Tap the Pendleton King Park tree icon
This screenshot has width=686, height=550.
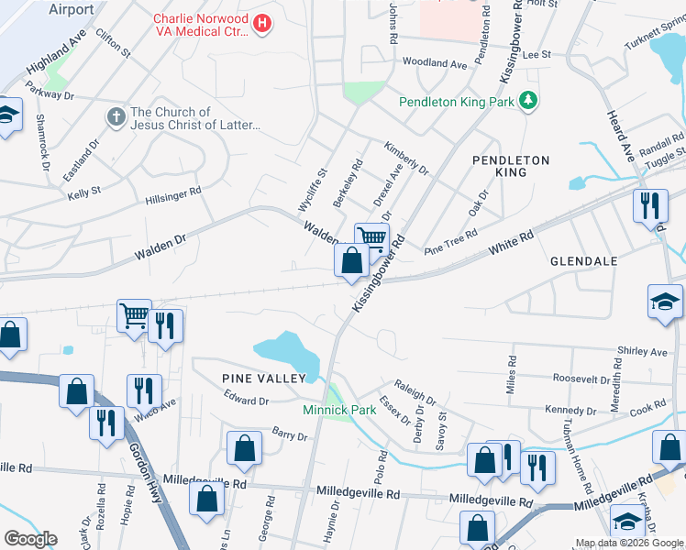point(528,100)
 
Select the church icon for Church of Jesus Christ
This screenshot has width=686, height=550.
point(116,117)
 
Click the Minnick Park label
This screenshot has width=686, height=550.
point(339,410)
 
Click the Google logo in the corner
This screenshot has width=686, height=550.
point(30,539)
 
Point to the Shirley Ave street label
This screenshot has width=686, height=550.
point(642,352)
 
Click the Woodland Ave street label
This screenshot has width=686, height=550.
point(435,63)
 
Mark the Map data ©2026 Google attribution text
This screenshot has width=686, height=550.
point(629,543)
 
